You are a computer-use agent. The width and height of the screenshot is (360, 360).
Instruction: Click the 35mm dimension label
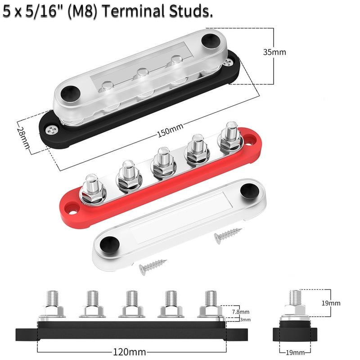point(274,52)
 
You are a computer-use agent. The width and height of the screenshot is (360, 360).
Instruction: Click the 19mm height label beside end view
point(331,303)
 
